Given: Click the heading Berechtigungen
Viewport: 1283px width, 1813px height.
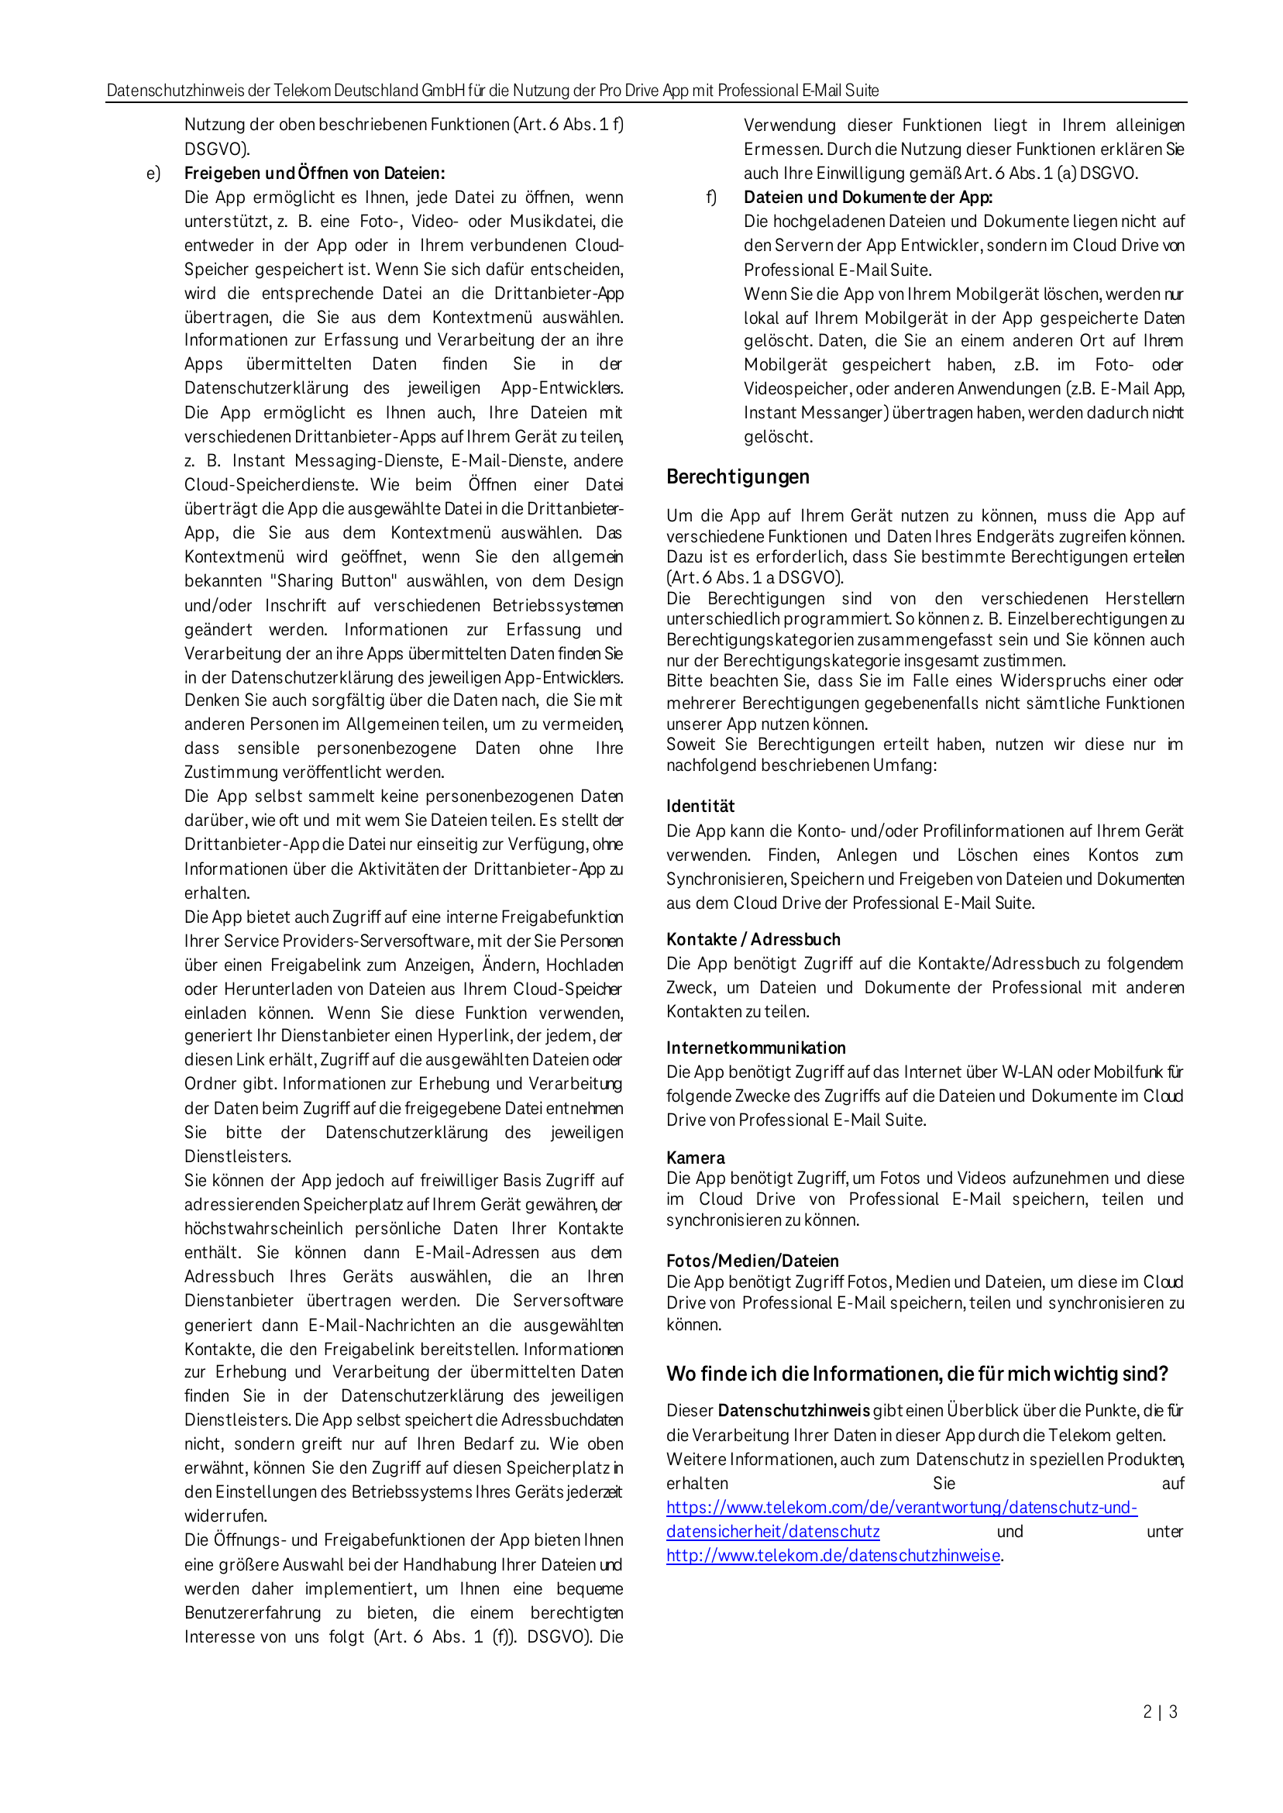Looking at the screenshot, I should [737, 477].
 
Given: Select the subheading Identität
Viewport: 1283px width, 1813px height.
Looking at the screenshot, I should [700, 806].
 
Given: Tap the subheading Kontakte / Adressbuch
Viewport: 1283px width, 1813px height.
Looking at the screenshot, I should [753, 939].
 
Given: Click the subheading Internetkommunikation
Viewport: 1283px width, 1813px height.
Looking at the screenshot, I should [755, 1048].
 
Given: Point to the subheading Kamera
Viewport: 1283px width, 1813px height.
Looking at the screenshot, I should [695, 1158].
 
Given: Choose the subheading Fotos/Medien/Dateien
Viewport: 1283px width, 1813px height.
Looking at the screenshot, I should [752, 1261].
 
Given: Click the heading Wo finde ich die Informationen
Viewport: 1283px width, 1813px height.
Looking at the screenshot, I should [917, 1374].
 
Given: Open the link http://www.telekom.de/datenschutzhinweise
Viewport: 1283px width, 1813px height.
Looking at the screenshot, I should [833, 1556].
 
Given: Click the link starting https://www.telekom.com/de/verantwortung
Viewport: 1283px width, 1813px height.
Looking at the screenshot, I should [900, 1507].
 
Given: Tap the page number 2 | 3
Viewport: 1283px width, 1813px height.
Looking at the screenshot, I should [1160, 1712].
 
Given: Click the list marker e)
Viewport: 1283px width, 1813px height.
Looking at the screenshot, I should [153, 174].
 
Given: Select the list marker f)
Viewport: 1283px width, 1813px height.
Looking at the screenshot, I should [711, 198].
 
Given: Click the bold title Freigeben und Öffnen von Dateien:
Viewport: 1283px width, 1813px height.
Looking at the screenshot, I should [315, 174].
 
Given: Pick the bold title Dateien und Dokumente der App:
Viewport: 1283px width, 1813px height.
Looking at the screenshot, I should [868, 198].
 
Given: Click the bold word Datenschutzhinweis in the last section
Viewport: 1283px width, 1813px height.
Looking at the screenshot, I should [793, 1411].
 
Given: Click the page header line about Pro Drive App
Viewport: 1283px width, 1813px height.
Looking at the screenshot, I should [492, 91].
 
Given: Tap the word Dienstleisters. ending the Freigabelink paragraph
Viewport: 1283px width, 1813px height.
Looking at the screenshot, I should [238, 1157].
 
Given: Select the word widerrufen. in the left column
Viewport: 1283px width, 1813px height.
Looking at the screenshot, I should [226, 1516].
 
